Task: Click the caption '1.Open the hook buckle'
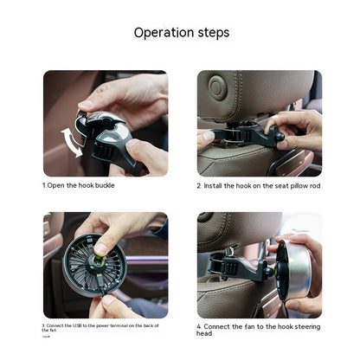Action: coord(80,185)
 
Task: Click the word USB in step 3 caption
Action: coord(83,326)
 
